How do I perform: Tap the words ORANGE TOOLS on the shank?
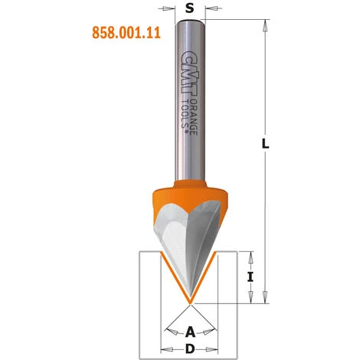(185, 111)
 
